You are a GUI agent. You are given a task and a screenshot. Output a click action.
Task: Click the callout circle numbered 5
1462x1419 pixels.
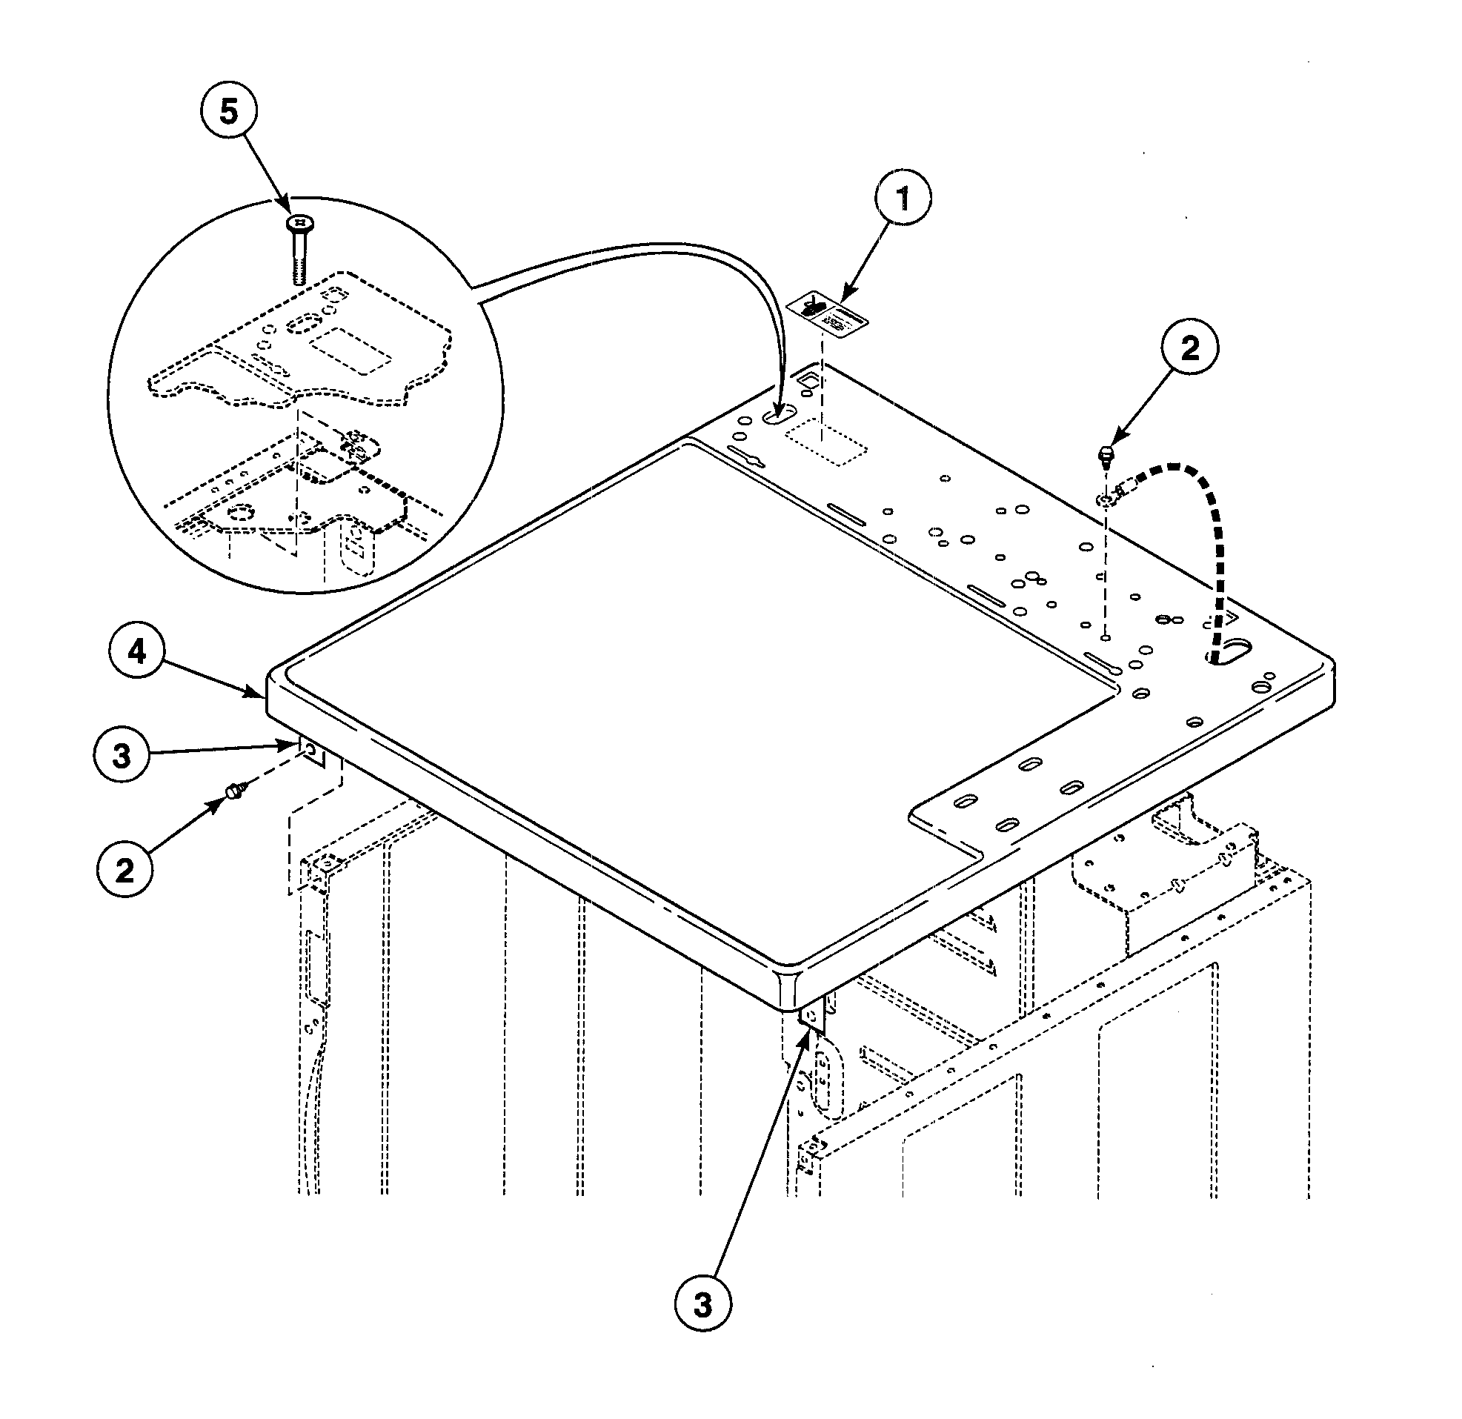point(228,112)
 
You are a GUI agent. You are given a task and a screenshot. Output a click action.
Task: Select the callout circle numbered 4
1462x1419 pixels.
point(136,652)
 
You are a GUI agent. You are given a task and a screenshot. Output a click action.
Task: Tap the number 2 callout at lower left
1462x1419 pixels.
point(124,868)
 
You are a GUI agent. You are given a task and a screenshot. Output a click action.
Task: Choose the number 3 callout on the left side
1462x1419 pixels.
point(122,755)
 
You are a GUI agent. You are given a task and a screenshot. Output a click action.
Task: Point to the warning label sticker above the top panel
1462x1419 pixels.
point(828,314)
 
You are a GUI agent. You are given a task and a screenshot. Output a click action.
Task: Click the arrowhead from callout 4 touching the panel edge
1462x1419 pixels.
point(258,695)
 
